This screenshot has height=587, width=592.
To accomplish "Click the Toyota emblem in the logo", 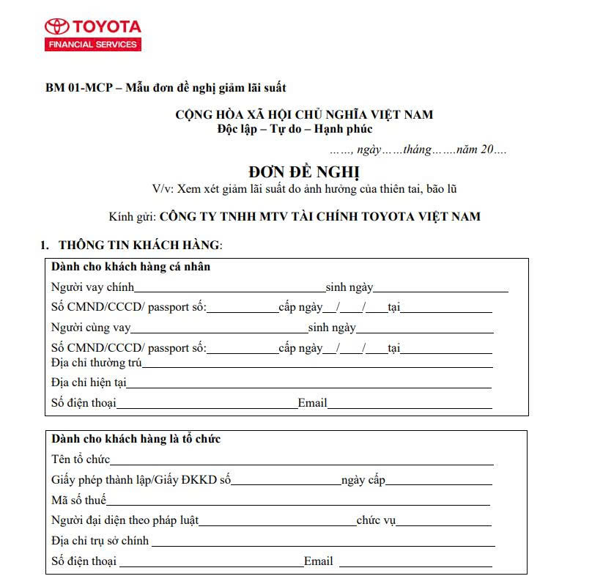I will [56, 26].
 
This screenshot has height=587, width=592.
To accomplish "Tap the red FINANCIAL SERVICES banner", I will [93, 45].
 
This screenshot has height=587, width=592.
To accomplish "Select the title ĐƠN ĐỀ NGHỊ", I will [304, 173].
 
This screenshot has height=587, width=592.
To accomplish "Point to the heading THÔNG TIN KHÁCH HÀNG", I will [140, 244].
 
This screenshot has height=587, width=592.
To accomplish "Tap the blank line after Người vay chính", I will [229, 290].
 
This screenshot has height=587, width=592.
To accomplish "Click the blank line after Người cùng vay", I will [219, 331].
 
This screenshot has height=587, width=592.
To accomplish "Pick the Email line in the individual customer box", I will [410, 407].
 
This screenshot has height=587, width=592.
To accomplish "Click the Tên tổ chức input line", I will [301, 463].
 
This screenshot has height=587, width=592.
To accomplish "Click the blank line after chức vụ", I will [443, 524].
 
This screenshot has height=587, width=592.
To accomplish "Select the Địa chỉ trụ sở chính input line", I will [322, 544].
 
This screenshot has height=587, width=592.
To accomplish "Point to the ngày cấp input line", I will [439, 484].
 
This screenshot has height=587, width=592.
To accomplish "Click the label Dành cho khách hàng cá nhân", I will [130, 267].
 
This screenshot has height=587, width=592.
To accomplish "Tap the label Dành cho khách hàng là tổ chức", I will [136, 439].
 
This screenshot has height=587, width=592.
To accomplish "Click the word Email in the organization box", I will [319, 562].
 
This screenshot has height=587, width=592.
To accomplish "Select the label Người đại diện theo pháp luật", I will [125, 521].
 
